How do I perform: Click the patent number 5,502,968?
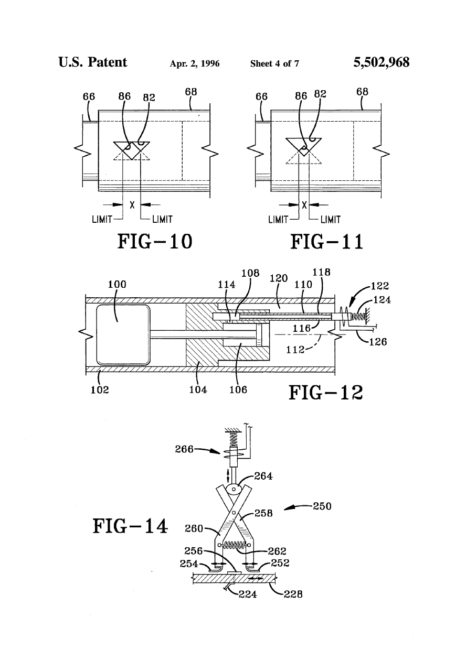click(x=381, y=62)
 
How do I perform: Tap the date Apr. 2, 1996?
click(x=195, y=63)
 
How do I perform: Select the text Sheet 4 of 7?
click(x=274, y=63)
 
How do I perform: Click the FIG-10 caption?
click(x=154, y=242)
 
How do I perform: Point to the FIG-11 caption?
click(x=327, y=242)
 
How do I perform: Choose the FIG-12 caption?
click(x=326, y=393)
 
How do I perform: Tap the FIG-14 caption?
click(x=130, y=526)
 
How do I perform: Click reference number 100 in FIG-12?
click(x=117, y=284)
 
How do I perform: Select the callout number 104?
click(x=198, y=389)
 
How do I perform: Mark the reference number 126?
click(x=378, y=342)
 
